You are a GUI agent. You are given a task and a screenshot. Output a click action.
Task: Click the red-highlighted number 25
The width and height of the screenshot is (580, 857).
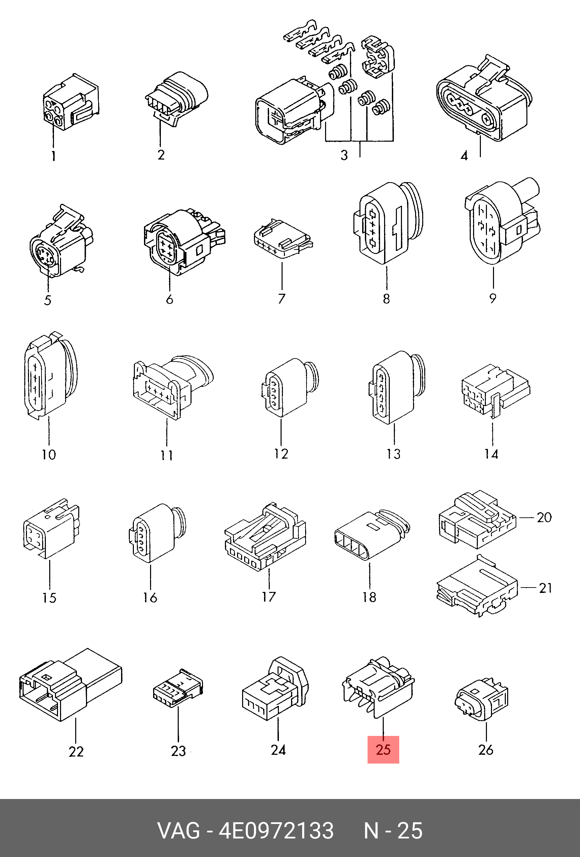[x=383, y=750]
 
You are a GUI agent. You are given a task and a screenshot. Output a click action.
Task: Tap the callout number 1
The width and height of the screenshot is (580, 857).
[x=54, y=156]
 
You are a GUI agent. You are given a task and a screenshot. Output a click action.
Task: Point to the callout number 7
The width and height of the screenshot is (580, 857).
[x=282, y=298]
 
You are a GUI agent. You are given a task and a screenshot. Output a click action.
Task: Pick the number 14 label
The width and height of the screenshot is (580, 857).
[x=491, y=454]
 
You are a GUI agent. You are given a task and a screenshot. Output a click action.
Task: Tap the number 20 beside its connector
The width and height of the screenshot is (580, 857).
[x=544, y=517]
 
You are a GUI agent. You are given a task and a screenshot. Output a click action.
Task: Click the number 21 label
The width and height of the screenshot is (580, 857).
[x=546, y=588]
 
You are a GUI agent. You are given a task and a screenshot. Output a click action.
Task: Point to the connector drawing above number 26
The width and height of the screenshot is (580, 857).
[x=482, y=699]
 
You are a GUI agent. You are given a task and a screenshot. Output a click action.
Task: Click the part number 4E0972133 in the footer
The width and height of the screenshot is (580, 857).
[x=276, y=831]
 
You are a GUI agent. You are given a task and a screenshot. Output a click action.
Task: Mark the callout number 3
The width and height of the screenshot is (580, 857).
[x=344, y=155]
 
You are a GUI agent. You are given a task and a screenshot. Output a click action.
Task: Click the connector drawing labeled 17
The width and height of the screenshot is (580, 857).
[x=265, y=537]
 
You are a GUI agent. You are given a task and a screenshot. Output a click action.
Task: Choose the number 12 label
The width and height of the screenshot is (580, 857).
[x=281, y=454]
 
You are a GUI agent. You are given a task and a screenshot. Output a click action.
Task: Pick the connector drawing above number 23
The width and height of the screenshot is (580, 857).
[x=178, y=688]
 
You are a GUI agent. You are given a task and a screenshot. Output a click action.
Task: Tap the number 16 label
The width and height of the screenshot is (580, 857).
[x=150, y=597]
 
